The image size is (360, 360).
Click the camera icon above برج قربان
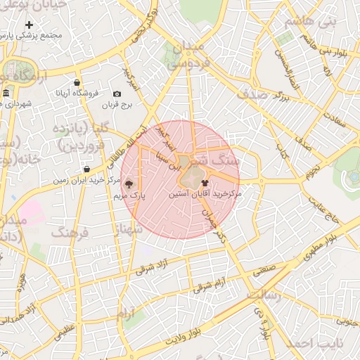(117, 94)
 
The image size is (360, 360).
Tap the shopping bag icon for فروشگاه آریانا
(77, 82)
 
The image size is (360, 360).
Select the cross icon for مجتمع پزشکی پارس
(29, 25)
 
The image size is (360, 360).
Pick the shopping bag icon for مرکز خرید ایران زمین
(86, 169)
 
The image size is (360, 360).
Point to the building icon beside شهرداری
(6, 94)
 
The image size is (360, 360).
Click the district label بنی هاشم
(336, 21)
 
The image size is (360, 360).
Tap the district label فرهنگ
(70, 232)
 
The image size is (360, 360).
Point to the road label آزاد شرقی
(153, 268)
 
